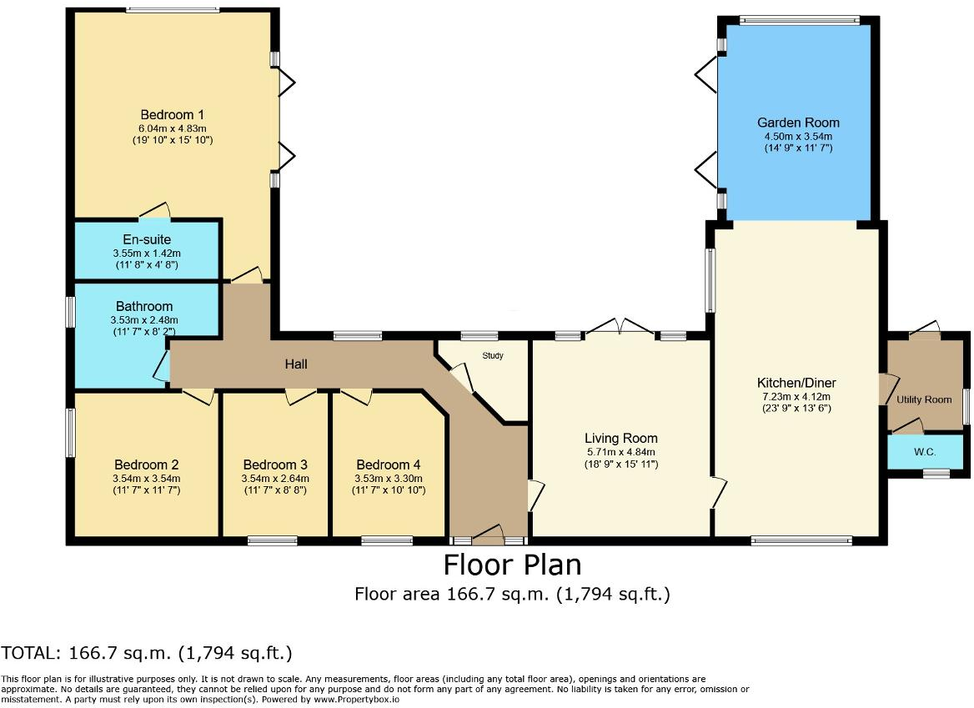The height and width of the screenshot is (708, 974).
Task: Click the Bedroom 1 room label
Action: (x=173, y=115)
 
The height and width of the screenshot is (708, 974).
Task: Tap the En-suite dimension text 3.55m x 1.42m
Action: (x=147, y=253)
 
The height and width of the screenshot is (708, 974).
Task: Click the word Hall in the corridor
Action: (x=295, y=364)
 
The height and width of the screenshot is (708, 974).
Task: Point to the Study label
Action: (x=493, y=355)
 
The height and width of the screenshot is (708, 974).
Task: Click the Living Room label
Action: (x=620, y=439)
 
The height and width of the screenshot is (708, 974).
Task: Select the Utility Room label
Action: (x=924, y=399)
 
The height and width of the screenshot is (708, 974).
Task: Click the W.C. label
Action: (x=924, y=452)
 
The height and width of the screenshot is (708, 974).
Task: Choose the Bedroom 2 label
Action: (x=147, y=464)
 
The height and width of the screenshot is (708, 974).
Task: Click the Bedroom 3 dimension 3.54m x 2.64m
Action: (x=275, y=479)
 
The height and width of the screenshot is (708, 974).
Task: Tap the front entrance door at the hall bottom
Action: (x=488, y=534)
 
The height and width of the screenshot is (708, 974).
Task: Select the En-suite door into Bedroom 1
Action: (x=156, y=213)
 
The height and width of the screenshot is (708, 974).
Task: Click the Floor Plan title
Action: (x=512, y=565)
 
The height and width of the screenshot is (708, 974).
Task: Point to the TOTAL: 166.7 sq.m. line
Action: (x=147, y=652)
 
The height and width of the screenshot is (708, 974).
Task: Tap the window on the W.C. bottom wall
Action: (x=936, y=474)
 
